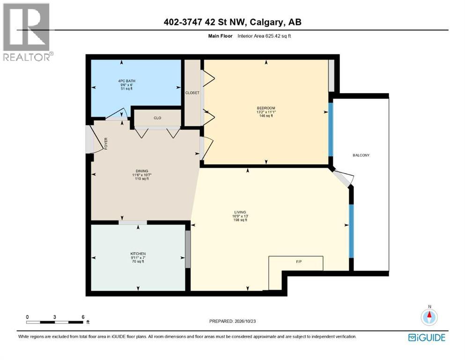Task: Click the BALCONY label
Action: pyautogui.click(x=361, y=155)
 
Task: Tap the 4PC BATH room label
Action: pyautogui.click(x=126, y=81)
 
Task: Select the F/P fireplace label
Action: pyautogui.click(x=299, y=262)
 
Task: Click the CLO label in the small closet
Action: pyautogui.click(x=157, y=118)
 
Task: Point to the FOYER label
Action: pyautogui.click(x=106, y=143)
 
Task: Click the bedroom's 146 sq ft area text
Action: pyautogui.click(x=266, y=116)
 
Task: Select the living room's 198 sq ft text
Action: pyautogui.click(x=240, y=220)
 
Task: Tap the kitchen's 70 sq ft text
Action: pyautogui.click(x=138, y=262)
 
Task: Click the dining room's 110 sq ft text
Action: pyautogui.click(x=142, y=179)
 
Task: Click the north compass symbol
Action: pyautogui.click(x=429, y=317)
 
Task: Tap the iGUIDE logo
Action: pyautogui.click(x=427, y=337)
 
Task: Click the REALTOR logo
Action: pyautogui.click(x=28, y=32)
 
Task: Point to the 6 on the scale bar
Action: pyautogui.click(x=83, y=317)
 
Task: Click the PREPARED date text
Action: pyautogui.click(x=232, y=321)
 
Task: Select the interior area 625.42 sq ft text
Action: pyautogui.click(x=264, y=36)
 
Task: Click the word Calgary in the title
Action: pyautogui.click(x=266, y=22)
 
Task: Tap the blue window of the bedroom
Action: pyautogui.click(x=331, y=129)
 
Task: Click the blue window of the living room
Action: pyautogui.click(x=351, y=231)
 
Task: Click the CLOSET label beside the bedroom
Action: pyautogui.click(x=192, y=93)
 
